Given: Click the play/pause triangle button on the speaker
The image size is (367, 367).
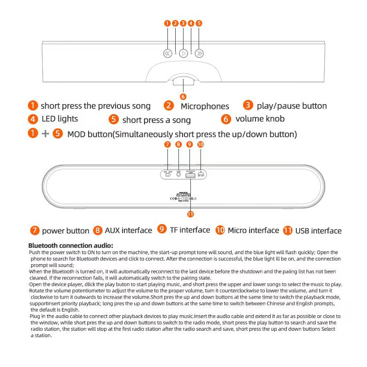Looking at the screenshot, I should (x=183, y=53).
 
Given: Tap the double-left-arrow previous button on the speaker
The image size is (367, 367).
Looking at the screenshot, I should (x=167, y=53).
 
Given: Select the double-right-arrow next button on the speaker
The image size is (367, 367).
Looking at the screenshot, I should (x=199, y=53).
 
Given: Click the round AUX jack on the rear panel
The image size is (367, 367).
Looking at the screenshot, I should (x=178, y=175).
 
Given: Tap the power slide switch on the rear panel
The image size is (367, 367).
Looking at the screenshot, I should (x=167, y=175).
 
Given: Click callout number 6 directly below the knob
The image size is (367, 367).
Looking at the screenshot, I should (x=183, y=96).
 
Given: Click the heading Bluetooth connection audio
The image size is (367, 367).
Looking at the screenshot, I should (x=71, y=245).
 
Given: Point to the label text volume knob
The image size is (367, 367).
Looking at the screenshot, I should (x=260, y=119).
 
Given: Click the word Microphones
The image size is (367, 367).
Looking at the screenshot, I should (x=205, y=106).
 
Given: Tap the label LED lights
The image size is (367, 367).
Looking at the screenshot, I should (x=60, y=119).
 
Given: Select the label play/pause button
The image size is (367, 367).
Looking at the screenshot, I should (x=292, y=106).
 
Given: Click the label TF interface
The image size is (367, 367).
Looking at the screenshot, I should (x=190, y=230).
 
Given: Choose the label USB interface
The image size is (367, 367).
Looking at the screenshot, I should (x=318, y=231).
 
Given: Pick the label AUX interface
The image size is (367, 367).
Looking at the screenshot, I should (x=128, y=230).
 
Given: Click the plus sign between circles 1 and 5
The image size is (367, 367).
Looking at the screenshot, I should (x=45, y=134).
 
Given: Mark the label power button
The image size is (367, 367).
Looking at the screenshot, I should (x=66, y=231).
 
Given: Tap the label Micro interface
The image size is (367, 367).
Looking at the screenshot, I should (x=253, y=230).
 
